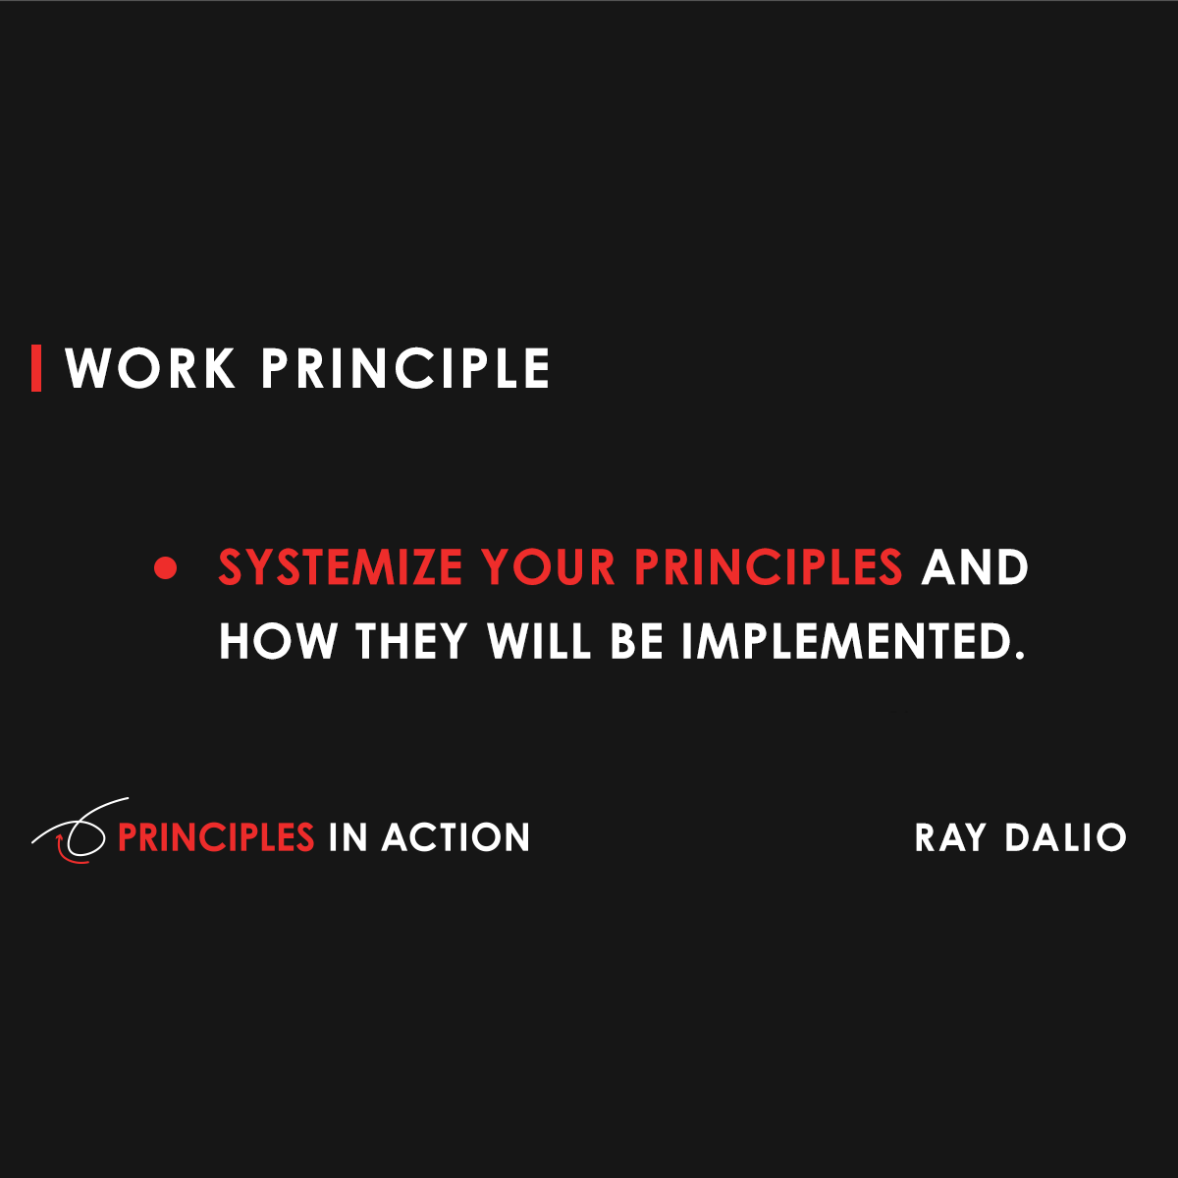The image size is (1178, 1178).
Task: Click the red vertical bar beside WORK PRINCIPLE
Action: coord(36,368)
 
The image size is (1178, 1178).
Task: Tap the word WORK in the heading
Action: coord(150,369)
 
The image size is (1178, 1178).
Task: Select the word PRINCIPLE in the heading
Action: coord(404,369)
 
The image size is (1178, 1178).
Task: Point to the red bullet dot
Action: coord(166,567)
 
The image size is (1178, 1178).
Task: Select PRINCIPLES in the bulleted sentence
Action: coord(768,567)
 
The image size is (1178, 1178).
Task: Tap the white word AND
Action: coord(974,567)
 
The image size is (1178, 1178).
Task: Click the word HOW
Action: coord(278,641)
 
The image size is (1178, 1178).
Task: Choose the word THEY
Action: coord(411,641)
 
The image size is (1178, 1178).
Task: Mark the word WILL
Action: coord(539,641)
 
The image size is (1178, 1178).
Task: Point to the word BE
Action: coord(637,641)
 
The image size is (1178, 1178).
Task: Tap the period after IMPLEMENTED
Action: coord(1018,654)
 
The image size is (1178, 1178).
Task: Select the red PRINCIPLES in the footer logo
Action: coord(215,837)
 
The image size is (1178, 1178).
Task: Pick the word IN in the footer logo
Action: coord(347,837)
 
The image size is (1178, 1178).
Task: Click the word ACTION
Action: coord(455,837)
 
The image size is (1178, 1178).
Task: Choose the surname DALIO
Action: coord(1065,837)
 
